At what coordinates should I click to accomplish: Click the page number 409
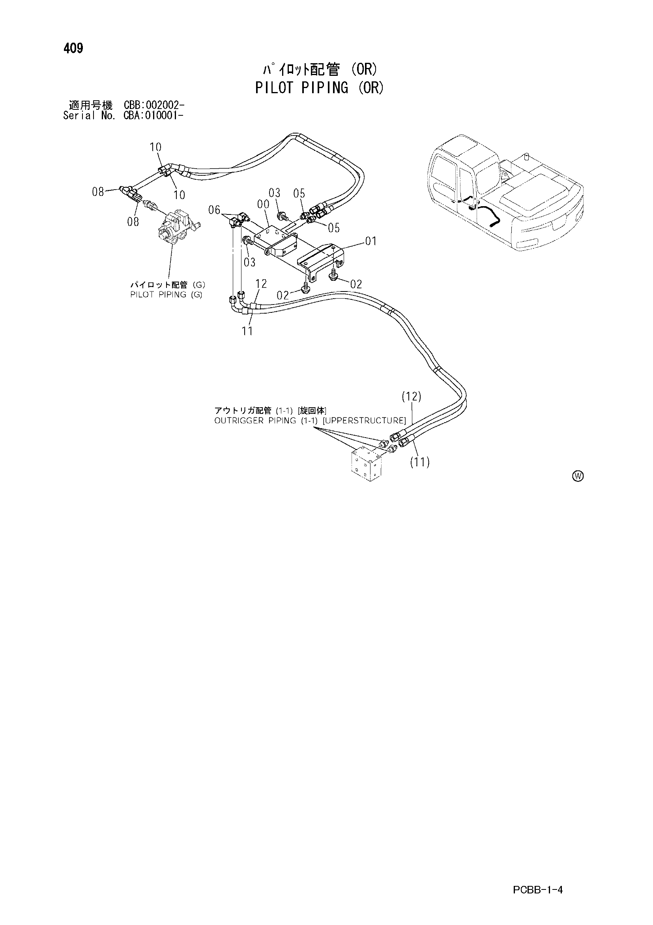click(73, 48)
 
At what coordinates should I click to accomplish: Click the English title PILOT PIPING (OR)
click(319, 87)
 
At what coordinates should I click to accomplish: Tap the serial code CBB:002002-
click(154, 105)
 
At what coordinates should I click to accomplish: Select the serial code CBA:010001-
click(154, 116)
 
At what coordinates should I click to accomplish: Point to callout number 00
click(263, 204)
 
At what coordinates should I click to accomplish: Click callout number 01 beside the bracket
click(371, 241)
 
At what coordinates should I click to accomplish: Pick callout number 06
click(215, 210)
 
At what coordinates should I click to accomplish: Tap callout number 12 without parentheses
click(261, 284)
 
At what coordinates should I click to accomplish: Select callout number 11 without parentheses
click(247, 331)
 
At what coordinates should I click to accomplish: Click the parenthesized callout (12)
click(411, 397)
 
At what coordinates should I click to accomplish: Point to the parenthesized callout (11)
click(419, 462)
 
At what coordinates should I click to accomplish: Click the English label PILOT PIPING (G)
click(166, 295)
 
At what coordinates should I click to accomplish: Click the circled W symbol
click(578, 476)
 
